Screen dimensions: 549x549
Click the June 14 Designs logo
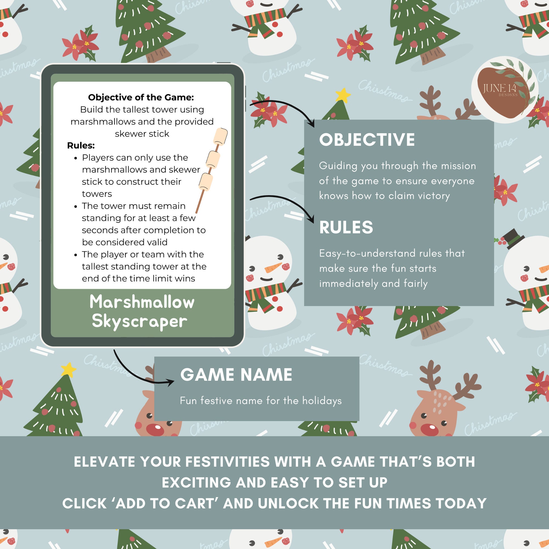pos(504,90)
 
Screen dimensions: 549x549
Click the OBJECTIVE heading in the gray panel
pos(366,140)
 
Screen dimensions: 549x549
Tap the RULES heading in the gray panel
pos(346,227)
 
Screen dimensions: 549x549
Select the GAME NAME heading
pos(236,375)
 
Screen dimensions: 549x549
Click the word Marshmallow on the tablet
pos(142,302)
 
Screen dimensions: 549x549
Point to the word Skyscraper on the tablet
pos(139,322)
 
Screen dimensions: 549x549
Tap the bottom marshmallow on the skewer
pos(205,182)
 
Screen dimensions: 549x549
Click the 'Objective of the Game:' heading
pos(141,97)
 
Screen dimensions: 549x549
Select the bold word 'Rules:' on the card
pos(81,145)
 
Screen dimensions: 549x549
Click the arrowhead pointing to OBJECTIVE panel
pos(312,124)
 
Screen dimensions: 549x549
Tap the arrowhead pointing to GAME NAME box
pos(171,382)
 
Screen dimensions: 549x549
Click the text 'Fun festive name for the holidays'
pos(261,401)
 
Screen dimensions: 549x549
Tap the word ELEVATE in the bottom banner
pos(104,462)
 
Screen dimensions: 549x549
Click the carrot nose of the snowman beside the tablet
pos(272,268)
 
